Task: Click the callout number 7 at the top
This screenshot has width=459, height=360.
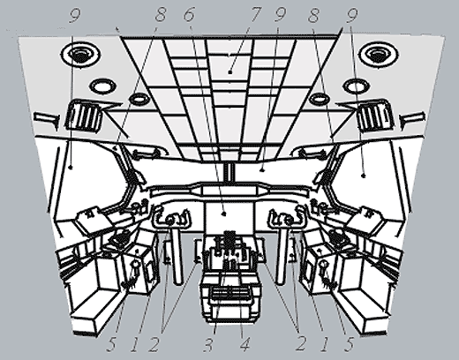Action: point(255,15)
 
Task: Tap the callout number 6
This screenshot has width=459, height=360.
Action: point(189,15)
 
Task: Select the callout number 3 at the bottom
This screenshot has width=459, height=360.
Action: point(207,343)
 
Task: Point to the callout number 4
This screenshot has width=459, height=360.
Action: point(245,343)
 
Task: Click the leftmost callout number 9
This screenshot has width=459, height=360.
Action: point(74,15)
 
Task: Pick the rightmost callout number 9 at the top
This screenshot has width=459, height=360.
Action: point(351,15)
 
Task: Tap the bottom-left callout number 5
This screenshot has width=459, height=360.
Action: point(111,344)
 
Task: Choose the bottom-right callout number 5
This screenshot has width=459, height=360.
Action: point(349,344)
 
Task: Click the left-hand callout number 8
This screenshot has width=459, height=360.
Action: point(160,15)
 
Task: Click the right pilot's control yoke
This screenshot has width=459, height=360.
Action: point(288,218)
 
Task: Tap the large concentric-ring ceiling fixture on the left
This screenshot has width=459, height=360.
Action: point(80,55)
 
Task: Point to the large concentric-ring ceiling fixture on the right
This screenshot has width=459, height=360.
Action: point(379,55)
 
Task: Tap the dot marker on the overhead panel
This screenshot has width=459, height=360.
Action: point(230,71)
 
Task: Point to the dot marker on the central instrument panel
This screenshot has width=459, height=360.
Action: point(224,214)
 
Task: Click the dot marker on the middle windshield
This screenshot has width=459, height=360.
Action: point(263,169)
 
